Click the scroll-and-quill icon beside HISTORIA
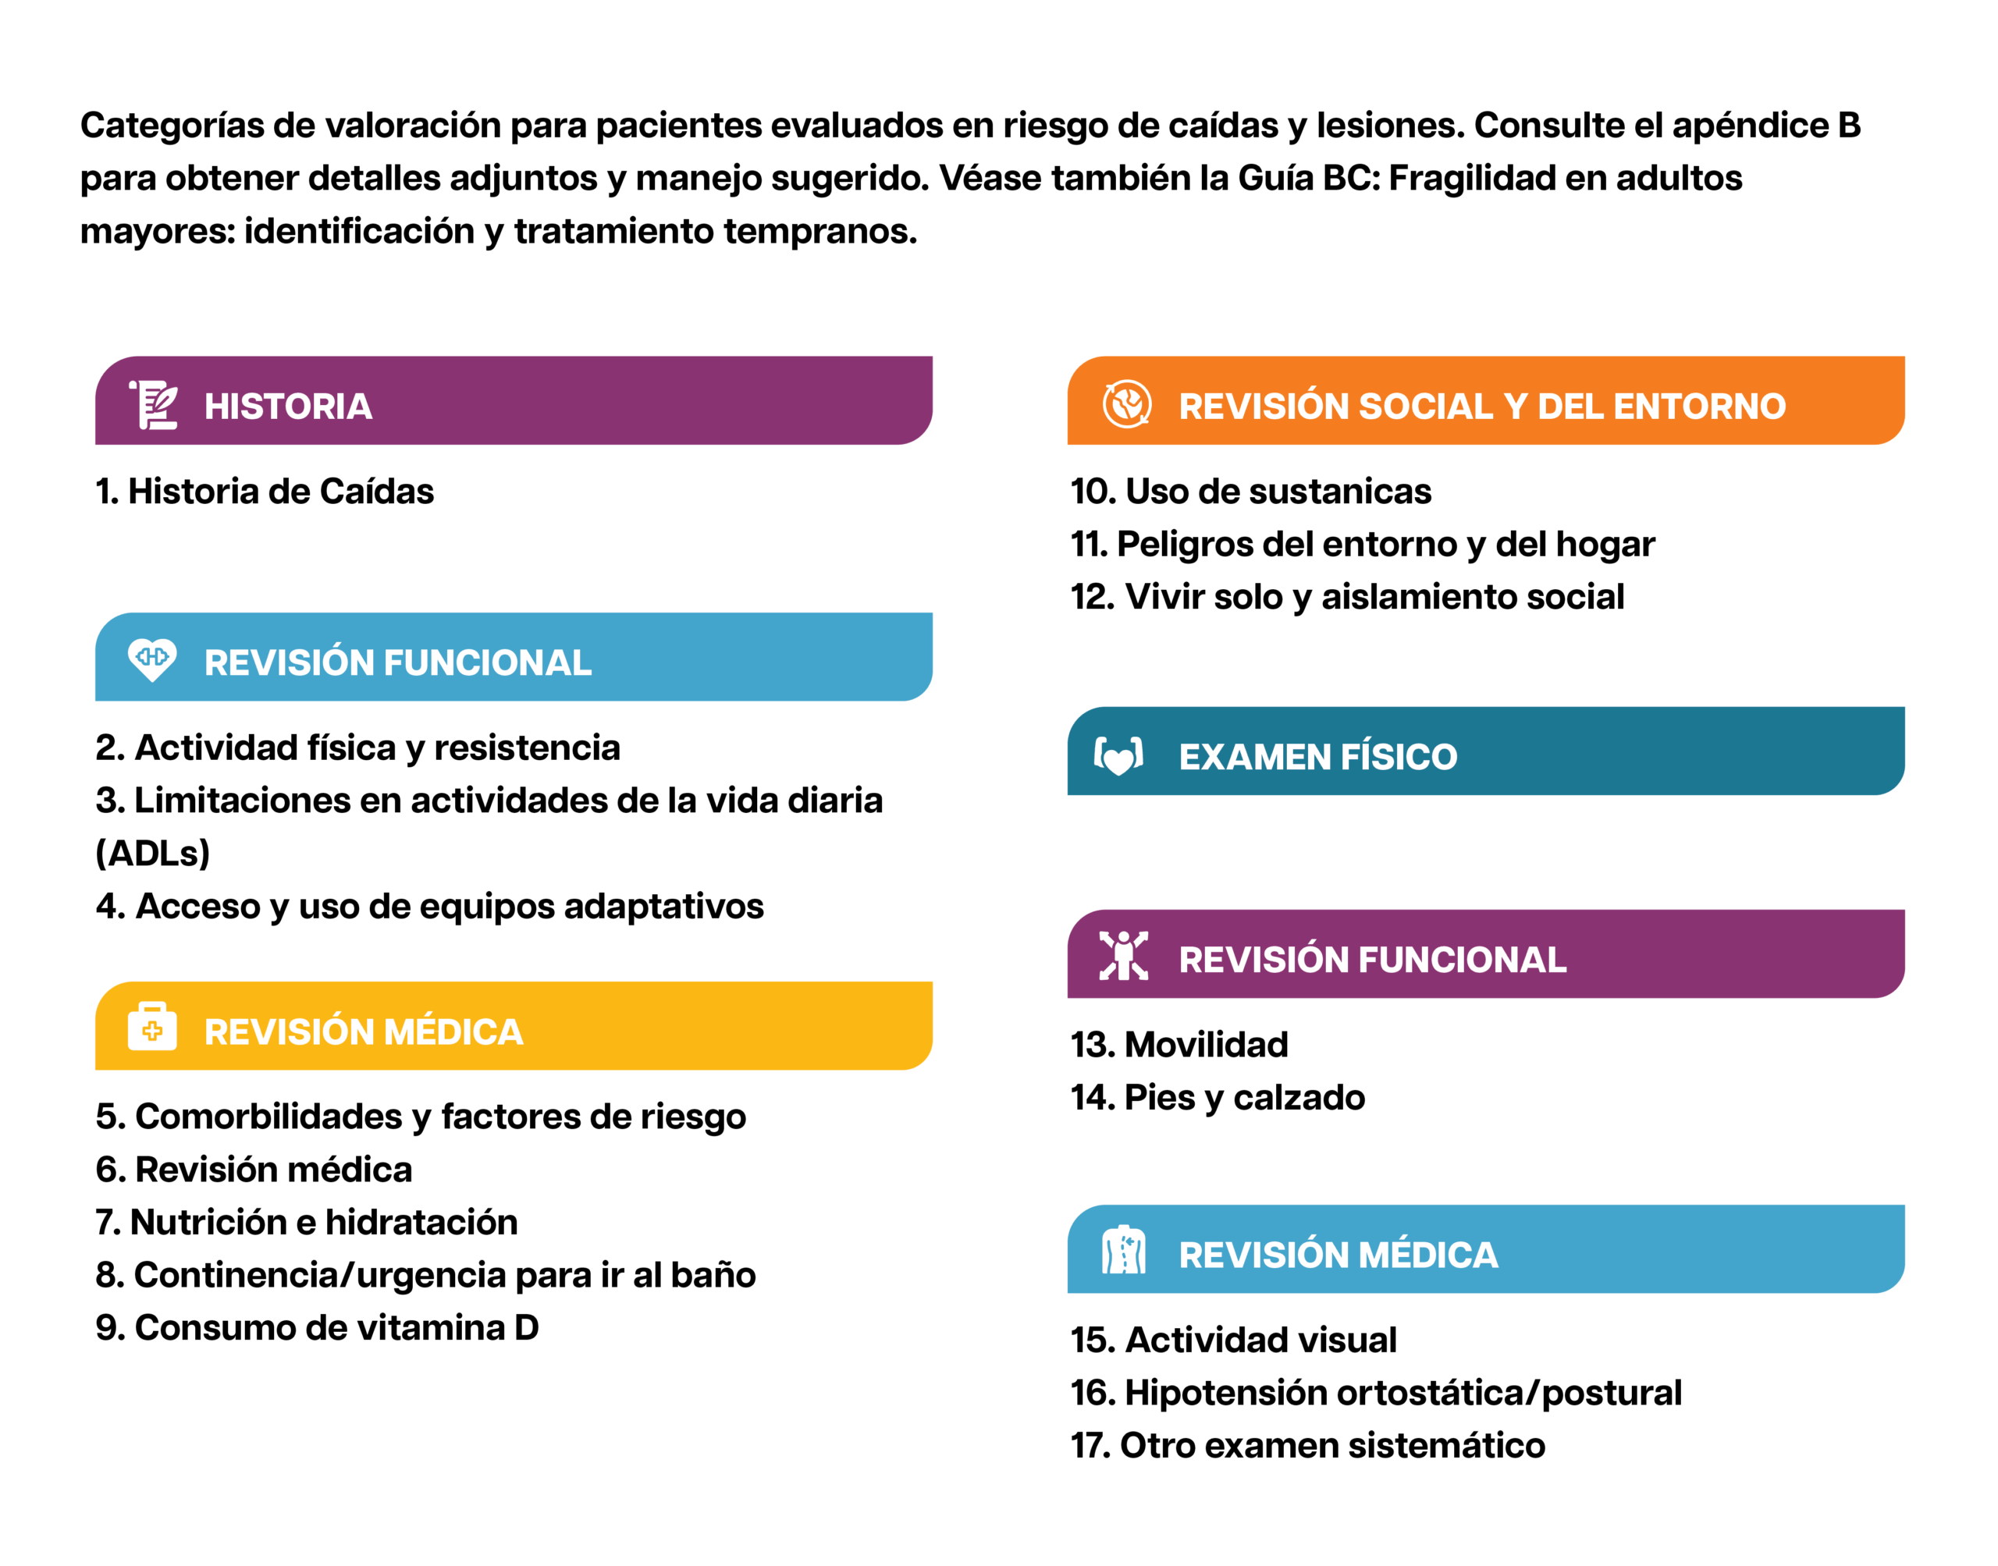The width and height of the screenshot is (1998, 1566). coord(153,404)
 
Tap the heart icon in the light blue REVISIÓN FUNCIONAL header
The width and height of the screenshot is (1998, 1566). coord(152,659)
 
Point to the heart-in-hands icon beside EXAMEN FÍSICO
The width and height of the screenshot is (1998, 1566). coord(1118,755)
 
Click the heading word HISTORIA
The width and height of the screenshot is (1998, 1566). coord(288,407)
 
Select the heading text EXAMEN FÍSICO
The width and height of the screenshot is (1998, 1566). coord(1317,758)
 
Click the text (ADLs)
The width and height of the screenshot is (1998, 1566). coord(153,854)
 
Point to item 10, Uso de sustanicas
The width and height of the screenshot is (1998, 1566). coord(1250,492)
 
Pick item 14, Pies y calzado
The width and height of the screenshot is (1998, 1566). coord(1217,1098)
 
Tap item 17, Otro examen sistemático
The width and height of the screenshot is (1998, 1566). coord(1307,1446)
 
